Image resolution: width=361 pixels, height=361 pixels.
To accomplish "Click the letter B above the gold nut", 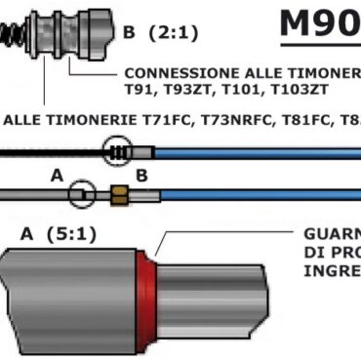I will [x=140, y=177].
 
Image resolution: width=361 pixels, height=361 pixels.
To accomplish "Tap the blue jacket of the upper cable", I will [x=254, y=152].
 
